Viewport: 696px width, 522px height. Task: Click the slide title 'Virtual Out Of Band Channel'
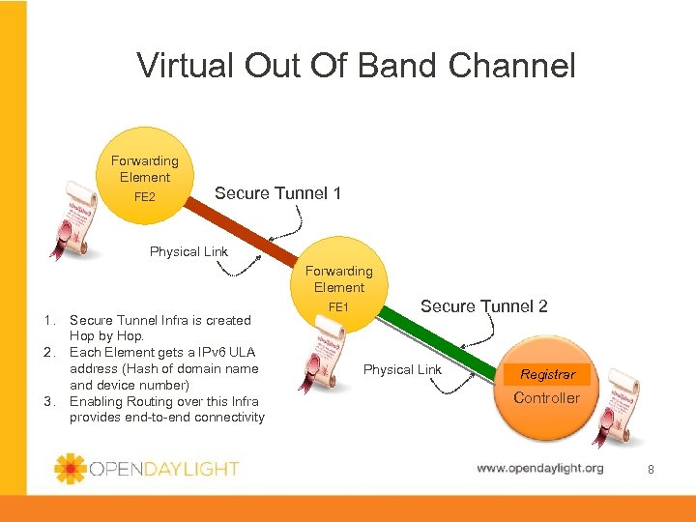coord(356,66)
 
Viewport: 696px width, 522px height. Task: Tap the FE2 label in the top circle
coord(144,197)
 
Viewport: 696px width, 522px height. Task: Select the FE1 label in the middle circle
coord(338,306)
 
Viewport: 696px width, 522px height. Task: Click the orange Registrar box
coord(547,374)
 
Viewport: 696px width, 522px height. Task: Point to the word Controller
coord(546,397)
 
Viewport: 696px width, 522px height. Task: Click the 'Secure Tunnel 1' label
coord(277,193)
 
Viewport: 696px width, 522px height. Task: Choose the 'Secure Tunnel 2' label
coord(483,306)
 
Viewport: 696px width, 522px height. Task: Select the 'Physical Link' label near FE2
coord(188,251)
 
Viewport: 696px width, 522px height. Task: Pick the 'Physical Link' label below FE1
coord(402,369)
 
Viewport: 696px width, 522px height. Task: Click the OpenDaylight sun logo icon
coord(71,469)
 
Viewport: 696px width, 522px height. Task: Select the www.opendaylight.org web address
coord(539,469)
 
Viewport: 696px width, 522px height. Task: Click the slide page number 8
coord(651,469)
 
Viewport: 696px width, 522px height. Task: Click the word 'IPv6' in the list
coord(199,352)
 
